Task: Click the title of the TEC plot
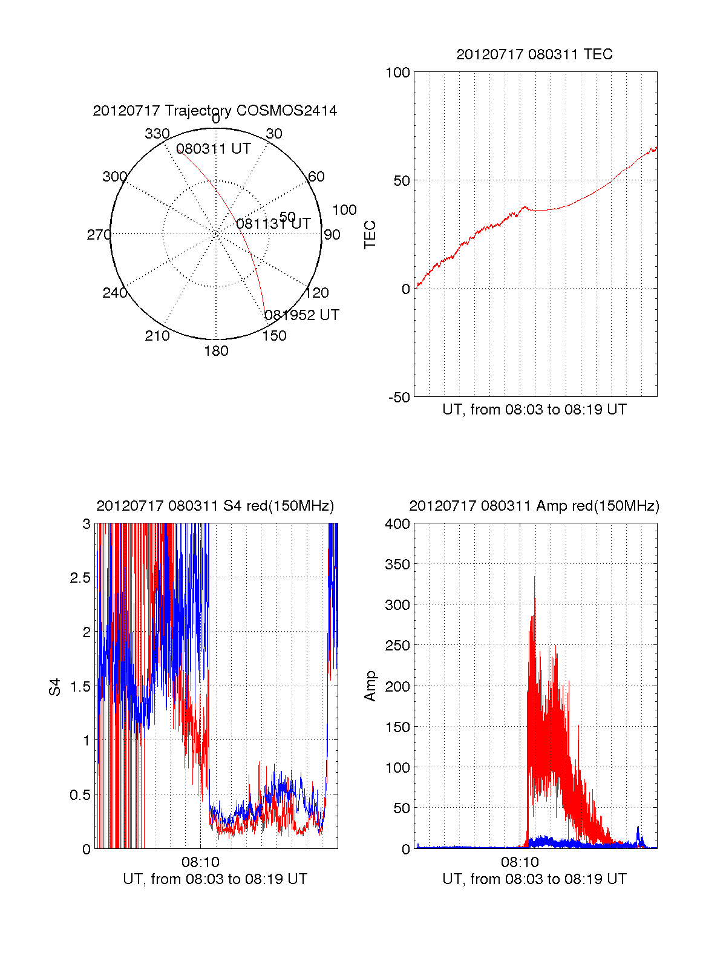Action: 534,54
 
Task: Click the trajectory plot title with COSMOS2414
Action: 215,111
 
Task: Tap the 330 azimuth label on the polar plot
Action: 157,134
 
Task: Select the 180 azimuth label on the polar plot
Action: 216,351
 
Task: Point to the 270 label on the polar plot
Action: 99,235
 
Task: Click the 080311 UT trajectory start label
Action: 214,149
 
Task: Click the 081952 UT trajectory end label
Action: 302,315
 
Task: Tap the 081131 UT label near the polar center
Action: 273,224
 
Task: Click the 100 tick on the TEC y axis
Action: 397,73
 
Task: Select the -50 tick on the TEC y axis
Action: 399,398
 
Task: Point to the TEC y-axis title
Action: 370,235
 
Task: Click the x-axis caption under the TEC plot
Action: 534,410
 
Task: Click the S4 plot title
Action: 215,506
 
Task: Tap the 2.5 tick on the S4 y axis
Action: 80,578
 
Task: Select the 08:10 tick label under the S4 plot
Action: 200,862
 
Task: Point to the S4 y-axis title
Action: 55,687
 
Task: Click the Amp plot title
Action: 534,506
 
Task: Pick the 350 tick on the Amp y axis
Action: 397,565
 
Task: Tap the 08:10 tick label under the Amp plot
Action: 520,862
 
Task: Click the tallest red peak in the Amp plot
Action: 534,578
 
